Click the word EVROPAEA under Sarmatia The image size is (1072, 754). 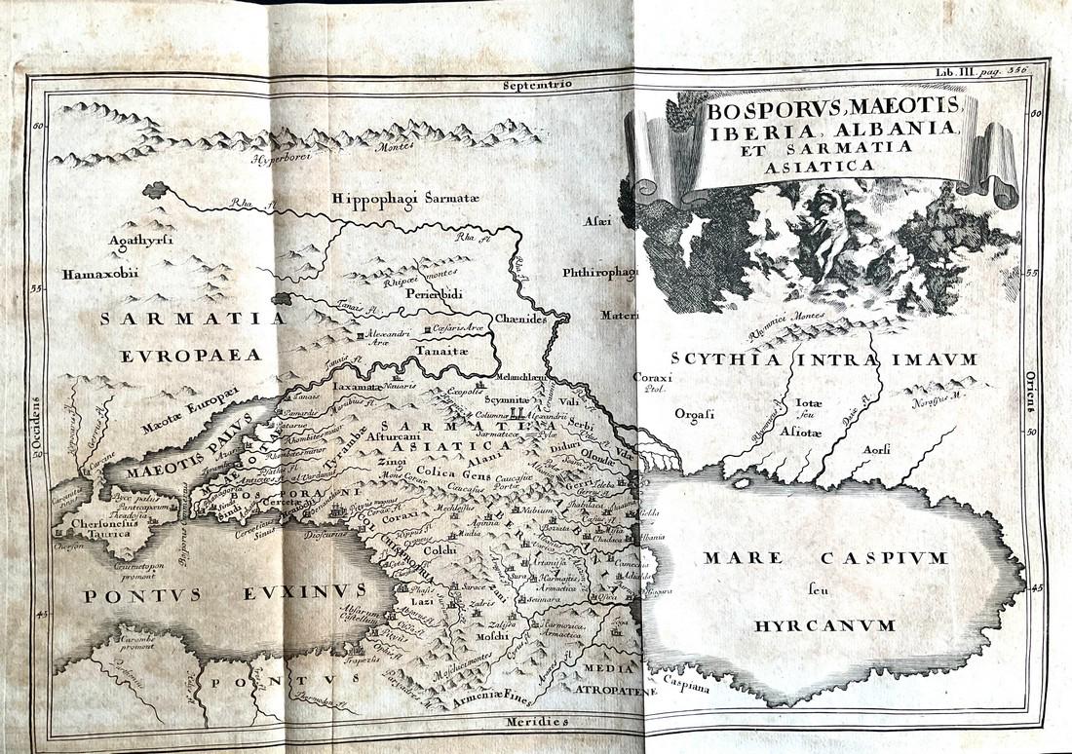(x=191, y=356)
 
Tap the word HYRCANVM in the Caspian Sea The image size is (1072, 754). (x=824, y=624)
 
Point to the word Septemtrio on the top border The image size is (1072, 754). (x=536, y=85)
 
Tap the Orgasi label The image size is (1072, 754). (x=694, y=414)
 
